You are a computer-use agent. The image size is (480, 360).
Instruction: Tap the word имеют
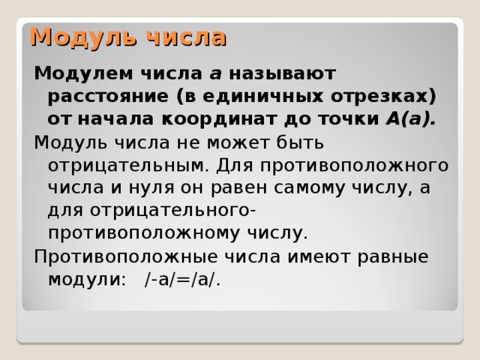click(311, 256)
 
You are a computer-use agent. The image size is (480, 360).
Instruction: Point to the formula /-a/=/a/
click(182, 279)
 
